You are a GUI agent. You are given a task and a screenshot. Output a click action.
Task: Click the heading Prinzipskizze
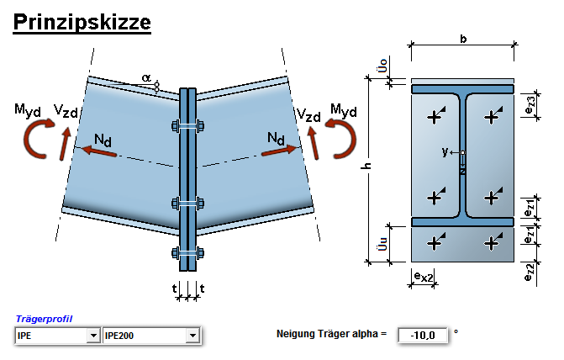82,21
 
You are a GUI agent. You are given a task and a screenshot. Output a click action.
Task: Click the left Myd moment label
32,109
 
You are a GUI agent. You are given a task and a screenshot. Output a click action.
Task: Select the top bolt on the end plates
188,127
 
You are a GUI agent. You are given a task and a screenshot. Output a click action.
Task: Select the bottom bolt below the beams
188,253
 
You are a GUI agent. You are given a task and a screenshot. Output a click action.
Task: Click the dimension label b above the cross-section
463,39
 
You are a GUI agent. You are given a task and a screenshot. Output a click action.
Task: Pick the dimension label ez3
530,107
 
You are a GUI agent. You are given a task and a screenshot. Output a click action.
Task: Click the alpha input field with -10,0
423,336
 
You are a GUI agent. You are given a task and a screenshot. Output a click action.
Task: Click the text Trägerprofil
44,320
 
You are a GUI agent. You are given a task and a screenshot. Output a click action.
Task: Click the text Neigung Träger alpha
331,335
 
